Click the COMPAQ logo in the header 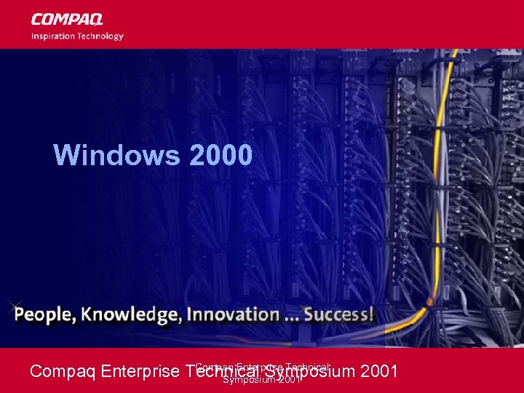coord(67,20)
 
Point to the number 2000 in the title coord(221,154)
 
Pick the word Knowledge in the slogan coord(130,315)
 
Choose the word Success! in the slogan coord(339,314)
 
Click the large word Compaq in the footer coord(63,372)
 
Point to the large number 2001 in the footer coord(379,372)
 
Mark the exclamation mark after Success coord(372,314)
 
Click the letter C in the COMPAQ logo coord(36,20)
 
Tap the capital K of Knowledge coord(88,314)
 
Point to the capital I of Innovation coord(190,314)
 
